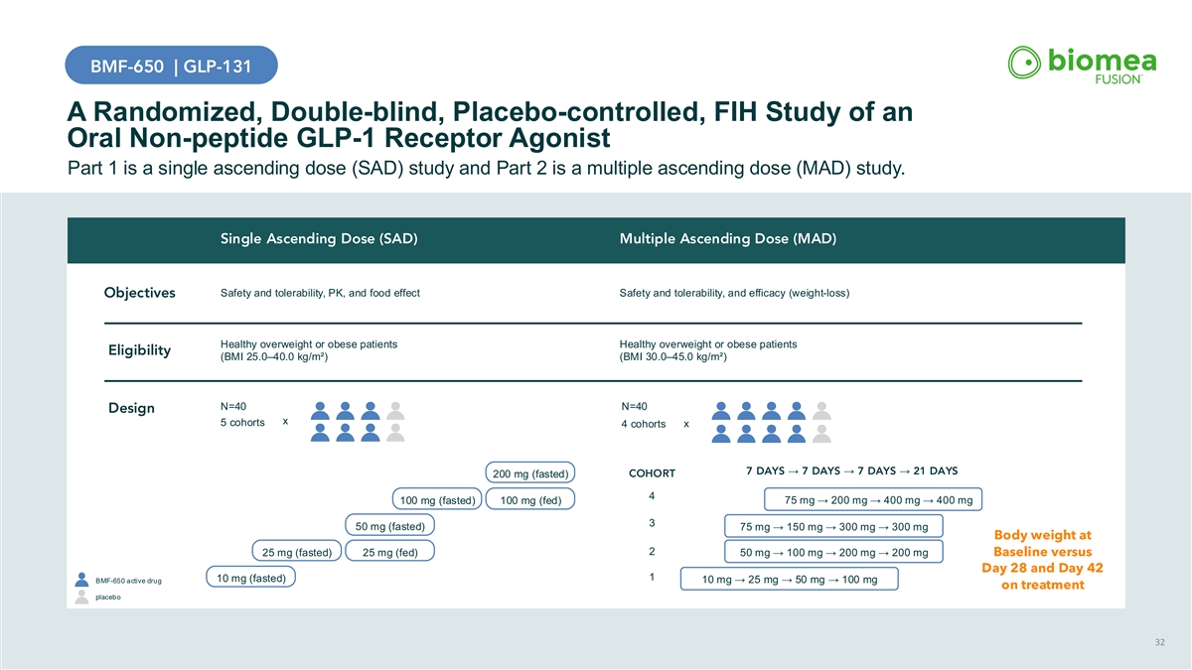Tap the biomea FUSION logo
(1082, 66)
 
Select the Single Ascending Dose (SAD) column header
(318, 239)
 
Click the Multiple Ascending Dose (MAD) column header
(727, 239)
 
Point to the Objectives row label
(140, 293)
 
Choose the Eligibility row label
(139, 351)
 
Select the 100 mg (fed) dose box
(532, 499)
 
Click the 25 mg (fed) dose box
(390, 552)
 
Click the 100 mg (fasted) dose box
(438, 499)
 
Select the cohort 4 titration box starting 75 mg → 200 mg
(870, 500)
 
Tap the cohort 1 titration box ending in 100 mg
(790, 580)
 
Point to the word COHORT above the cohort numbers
(653, 472)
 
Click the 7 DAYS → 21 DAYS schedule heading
(851, 470)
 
